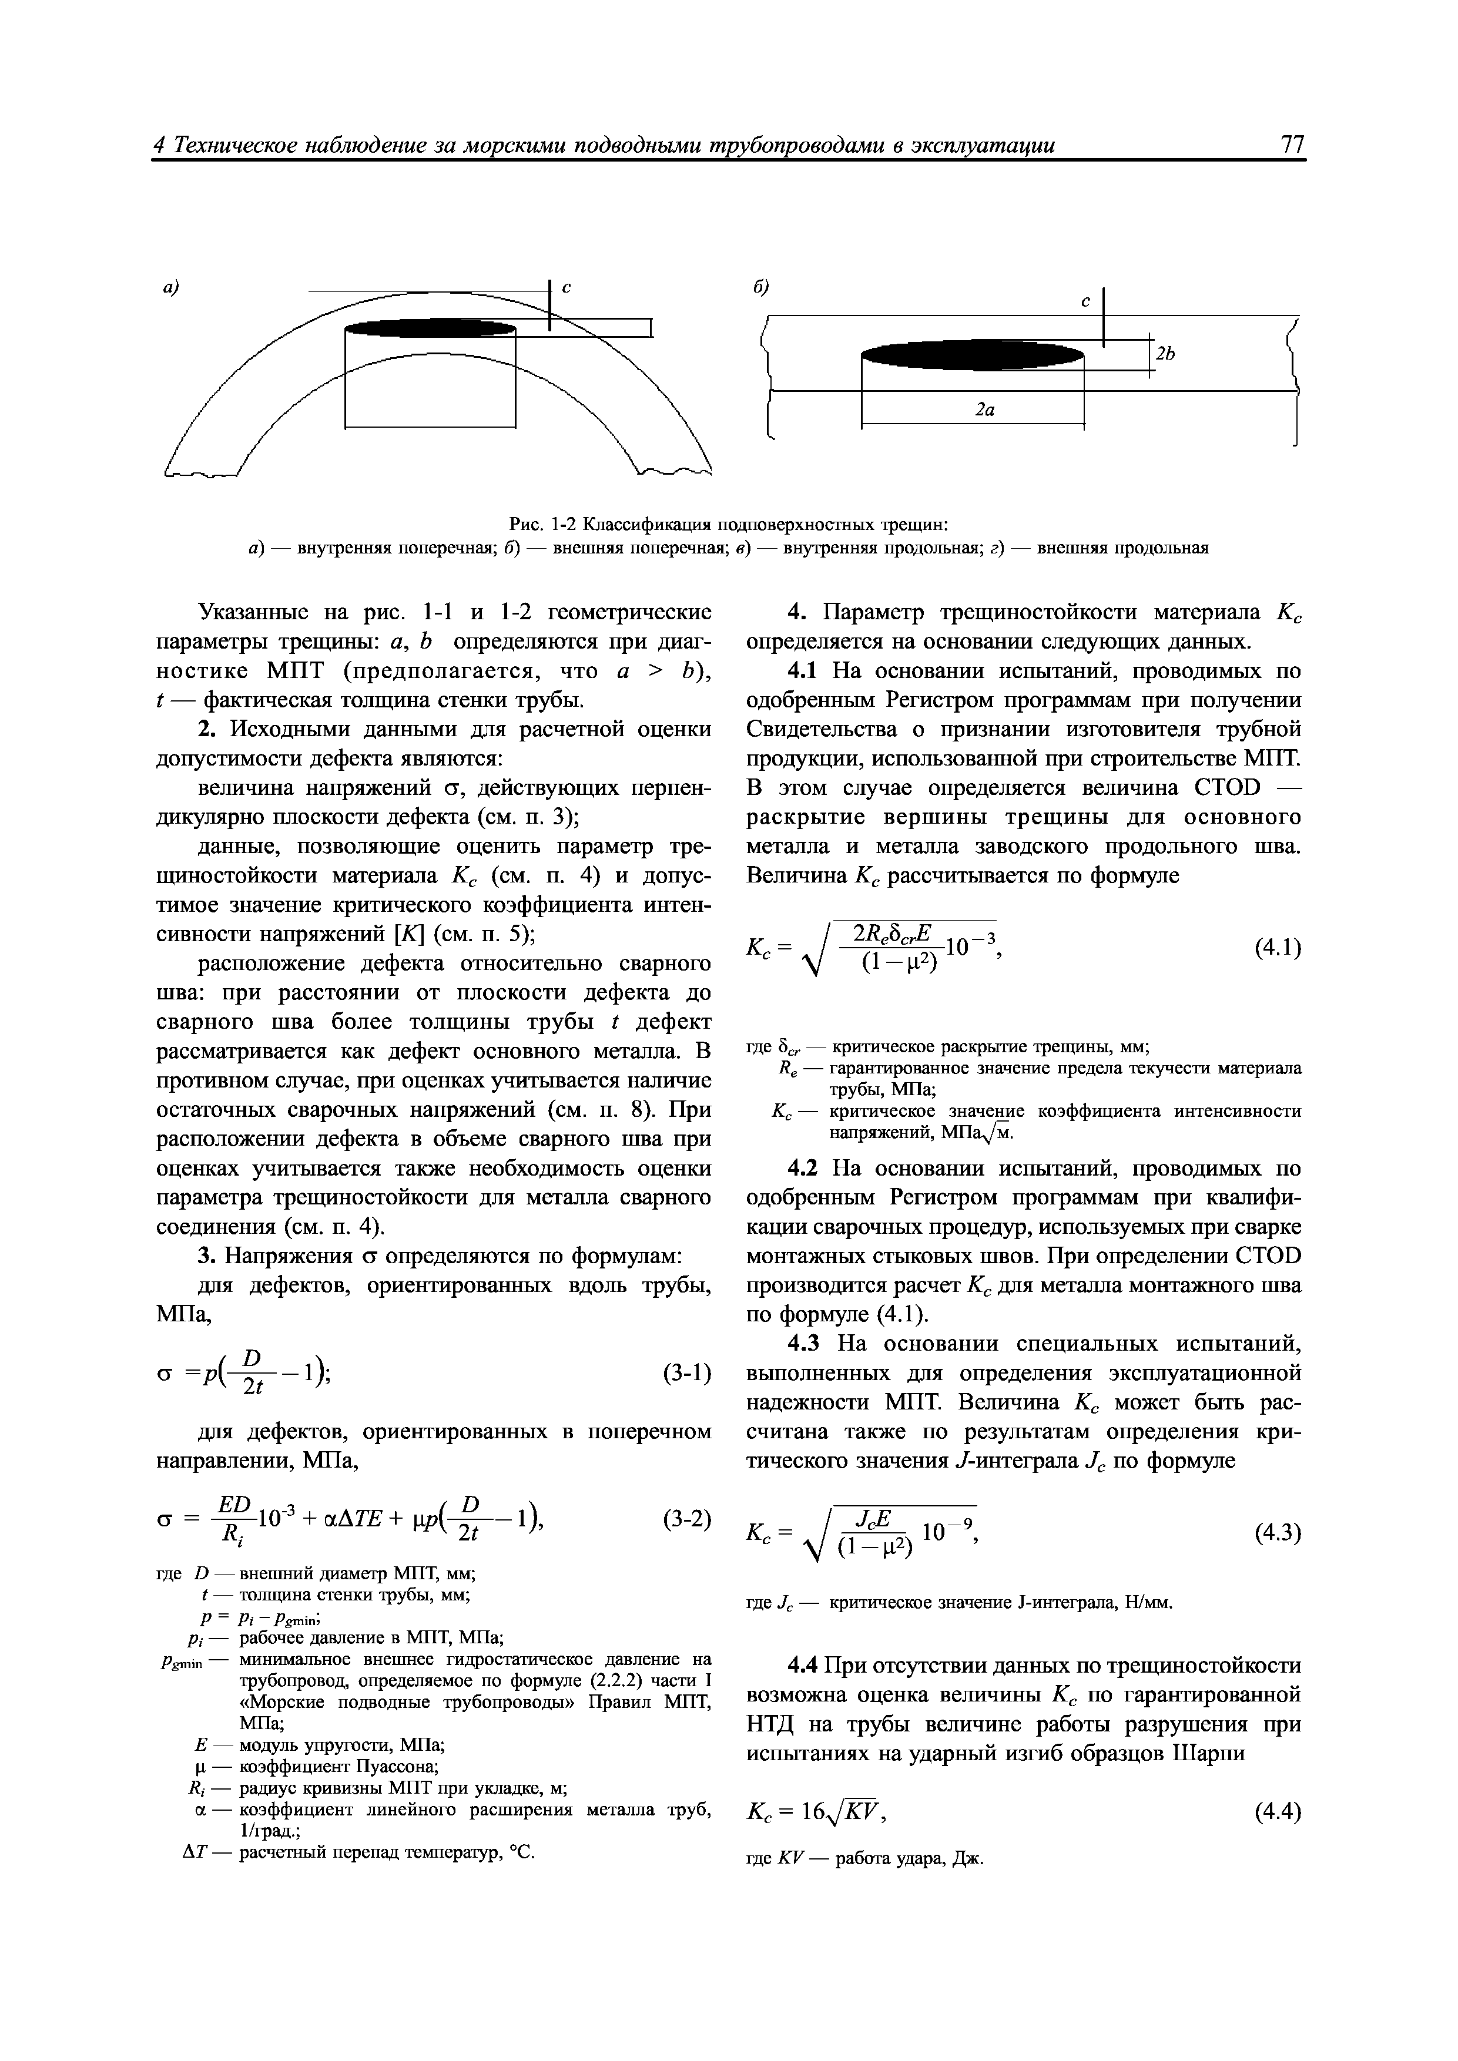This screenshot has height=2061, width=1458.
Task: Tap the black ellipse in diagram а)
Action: click(x=431, y=328)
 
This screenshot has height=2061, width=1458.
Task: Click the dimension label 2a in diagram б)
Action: click(x=985, y=409)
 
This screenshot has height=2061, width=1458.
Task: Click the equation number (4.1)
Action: click(x=1276, y=947)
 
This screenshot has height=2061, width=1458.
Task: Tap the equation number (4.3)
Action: click(x=1276, y=1533)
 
